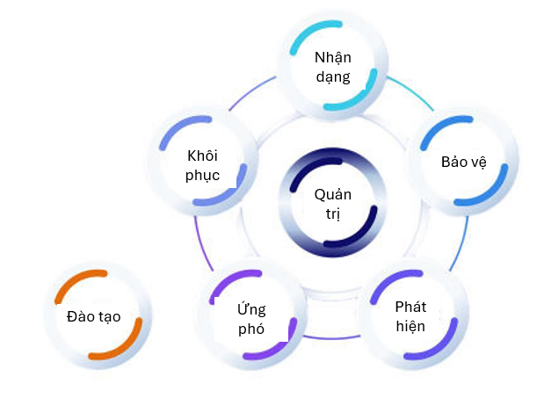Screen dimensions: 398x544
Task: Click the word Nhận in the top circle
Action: [333, 58]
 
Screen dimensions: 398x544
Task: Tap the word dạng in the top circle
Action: [333, 76]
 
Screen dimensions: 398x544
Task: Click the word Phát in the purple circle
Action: [410, 308]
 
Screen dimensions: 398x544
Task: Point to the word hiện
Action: [410, 326]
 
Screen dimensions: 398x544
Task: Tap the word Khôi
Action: [202, 156]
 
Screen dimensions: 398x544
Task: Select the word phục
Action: [203, 174]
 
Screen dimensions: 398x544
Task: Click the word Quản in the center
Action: [332, 195]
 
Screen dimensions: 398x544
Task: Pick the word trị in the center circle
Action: [332, 214]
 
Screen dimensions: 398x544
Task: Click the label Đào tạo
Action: [93, 316]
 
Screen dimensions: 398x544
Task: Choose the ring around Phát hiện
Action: [453, 329]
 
